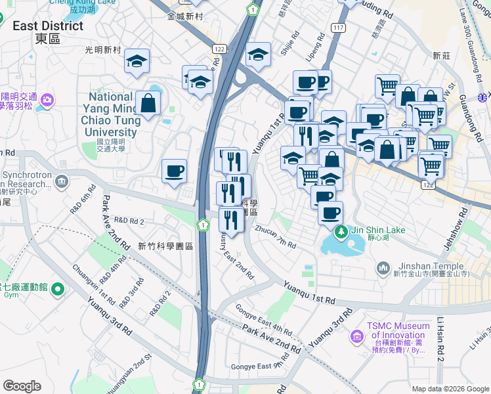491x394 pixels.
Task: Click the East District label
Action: pyautogui.click(x=49, y=26)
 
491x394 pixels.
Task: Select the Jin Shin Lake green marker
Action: pyautogui.click(x=341, y=230)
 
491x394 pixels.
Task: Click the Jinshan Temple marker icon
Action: pyautogui.click(x=385, y=268)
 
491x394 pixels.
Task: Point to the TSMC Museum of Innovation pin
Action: pyautogui.click(x=357, y=336)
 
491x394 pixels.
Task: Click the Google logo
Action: pyautogui.click(x=22, y=386)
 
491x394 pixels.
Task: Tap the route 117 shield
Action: pyautogui.click(x=339, y=27)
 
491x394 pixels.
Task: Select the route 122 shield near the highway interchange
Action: pyautogui.click(x=219, y=49)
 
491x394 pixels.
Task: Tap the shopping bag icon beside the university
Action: pyautogui.click(x=148, y=102)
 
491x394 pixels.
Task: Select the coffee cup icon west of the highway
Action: pyautogui.click(x=175, y=171)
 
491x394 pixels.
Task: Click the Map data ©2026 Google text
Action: pyautogui.click(x=450, y=389)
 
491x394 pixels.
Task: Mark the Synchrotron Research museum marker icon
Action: pyautogui.click(x=62, y=181)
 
